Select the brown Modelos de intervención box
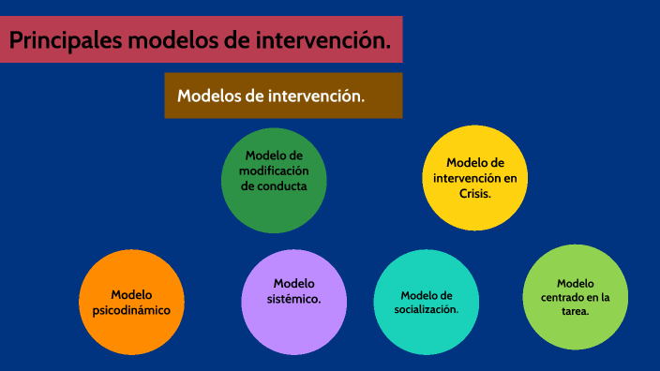[283, 96]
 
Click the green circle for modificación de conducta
[274, 180]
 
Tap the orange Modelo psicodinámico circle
[131, 302]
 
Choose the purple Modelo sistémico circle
[294, 302]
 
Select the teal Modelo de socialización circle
[427, 302]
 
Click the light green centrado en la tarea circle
[575, 297]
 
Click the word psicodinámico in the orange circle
[132, 309]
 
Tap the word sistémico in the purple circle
[294, 299]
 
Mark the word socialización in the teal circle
[427, 309]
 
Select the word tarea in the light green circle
[576, 311]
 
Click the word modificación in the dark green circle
[274, 171]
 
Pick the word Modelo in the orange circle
[131, 294]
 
